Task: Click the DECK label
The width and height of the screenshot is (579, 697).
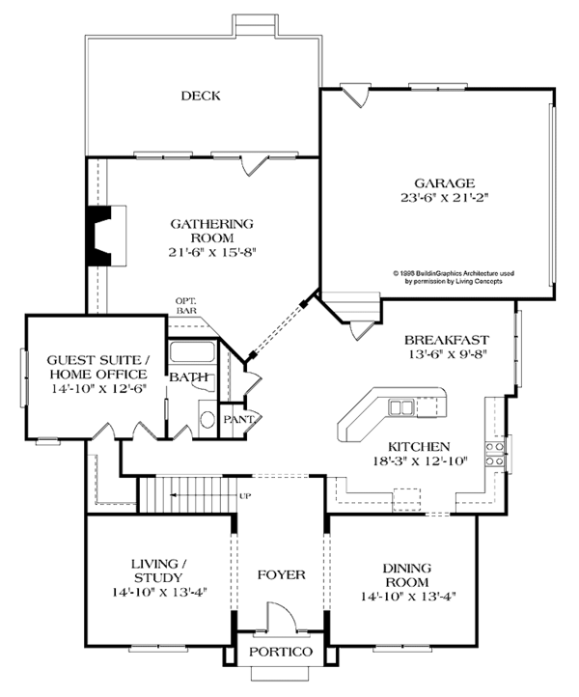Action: tap(201, 96)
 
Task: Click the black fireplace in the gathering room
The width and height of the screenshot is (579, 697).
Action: tap(100, 235)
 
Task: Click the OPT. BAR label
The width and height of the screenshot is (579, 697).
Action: tap(187, 306)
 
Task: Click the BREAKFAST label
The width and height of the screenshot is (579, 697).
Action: tap(446, 340)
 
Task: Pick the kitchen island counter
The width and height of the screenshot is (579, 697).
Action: tap(391, 410)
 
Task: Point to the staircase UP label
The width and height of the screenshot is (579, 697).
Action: tap(245, 496)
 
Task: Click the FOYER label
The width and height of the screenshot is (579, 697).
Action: tap(282, 574)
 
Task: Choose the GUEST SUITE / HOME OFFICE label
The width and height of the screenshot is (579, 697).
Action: tap(97, 367)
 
